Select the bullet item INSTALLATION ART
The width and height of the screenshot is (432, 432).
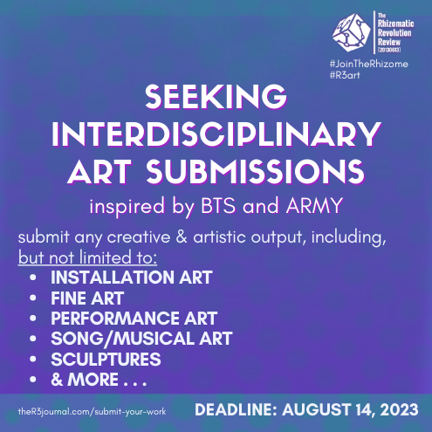click(x=131, y=279)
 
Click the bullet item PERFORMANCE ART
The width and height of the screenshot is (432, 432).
click(x=134, y=319)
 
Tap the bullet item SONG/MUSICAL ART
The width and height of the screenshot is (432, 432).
click(x=141, y=339)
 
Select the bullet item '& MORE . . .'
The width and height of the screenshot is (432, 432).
click(x=98, y=380)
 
